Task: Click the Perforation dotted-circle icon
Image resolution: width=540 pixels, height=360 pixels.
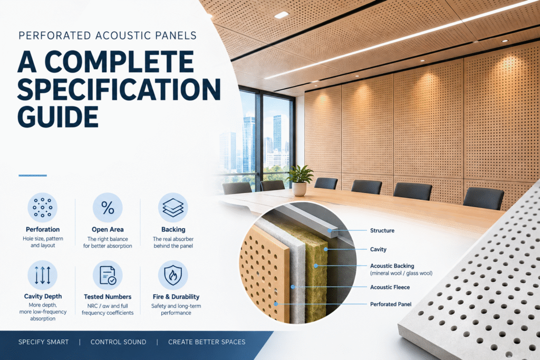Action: (x=42, y=208)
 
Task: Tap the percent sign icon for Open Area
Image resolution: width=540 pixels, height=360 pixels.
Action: (x=108, y=208)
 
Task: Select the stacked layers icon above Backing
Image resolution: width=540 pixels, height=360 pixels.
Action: (x=173, y=208)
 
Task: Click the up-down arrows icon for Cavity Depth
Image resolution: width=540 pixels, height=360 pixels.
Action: (x=42, y=275)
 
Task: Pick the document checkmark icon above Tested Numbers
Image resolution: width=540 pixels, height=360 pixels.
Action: (x=108, y=275)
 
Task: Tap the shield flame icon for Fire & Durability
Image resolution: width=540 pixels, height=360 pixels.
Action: (x=173, y=275)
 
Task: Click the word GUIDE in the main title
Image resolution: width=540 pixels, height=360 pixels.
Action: (x=58, y=117)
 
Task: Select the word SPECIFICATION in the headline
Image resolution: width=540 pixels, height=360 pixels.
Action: (x=119, y=89)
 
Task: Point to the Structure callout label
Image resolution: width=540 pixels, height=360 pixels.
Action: (x=382, y=230)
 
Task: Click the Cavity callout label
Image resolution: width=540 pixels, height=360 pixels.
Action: (x=378, y=249)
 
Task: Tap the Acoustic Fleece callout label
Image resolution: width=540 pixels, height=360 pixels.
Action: (x=390, y=287)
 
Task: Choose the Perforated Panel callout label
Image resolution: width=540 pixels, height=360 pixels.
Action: (x=391, y=304)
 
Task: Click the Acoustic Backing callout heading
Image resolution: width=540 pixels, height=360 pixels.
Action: (x=392, y=266)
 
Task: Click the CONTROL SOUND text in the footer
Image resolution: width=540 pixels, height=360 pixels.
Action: (x=119, y=342)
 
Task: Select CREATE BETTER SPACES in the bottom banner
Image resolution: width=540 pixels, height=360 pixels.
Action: (x=207, y=342)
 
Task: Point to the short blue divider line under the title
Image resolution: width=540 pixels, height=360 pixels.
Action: (x=33, y=176)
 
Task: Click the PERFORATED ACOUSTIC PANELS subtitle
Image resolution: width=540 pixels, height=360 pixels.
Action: (x=108, y=35)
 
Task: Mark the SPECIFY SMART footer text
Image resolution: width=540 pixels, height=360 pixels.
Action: (x=43, y=342)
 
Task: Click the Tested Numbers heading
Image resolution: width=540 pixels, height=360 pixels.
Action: (x=108, y=297)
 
